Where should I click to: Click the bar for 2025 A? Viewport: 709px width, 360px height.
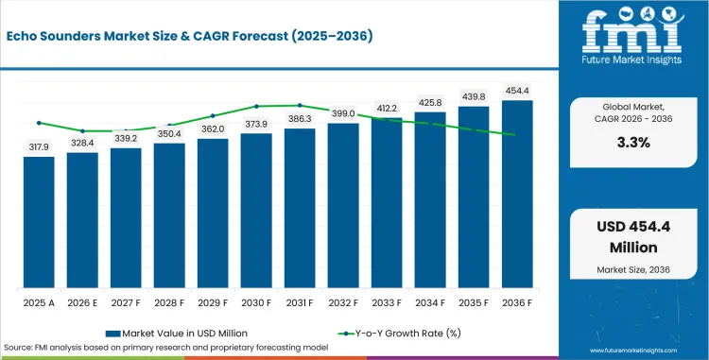39,222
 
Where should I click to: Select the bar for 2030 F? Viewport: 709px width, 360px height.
256,211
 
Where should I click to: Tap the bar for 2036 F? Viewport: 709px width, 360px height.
517,195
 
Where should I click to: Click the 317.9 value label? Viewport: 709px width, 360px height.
39,147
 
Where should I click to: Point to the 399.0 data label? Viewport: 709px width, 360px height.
343,113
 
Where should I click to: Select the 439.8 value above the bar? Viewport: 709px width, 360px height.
474,97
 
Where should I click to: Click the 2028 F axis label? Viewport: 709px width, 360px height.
169,302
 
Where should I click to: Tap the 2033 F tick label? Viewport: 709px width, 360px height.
387,302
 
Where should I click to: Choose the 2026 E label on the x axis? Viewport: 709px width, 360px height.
82,302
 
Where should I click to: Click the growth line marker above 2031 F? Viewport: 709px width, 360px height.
300,105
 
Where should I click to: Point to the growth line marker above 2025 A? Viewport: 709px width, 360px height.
39,123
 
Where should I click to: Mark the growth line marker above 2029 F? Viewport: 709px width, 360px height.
213,115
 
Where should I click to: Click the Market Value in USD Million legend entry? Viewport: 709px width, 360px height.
177,334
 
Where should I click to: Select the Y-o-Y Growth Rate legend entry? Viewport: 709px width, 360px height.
399,334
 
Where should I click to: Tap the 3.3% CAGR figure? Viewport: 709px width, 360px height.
633,143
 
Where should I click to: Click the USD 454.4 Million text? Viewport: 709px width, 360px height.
633,237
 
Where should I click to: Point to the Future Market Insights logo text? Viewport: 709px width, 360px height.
632,60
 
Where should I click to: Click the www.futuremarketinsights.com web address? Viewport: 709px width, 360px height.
633,351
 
